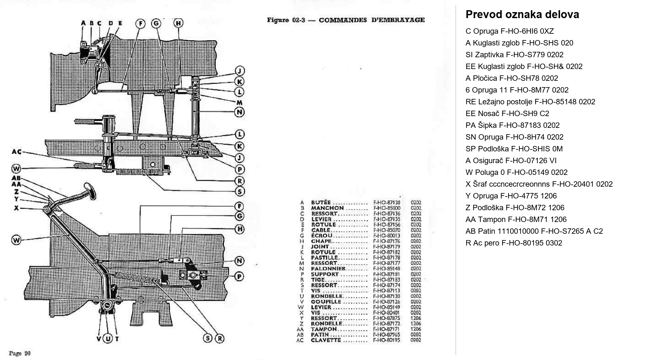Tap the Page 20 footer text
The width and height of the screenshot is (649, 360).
[x=19, y=353]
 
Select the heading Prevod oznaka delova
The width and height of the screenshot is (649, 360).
[x=522, y=15]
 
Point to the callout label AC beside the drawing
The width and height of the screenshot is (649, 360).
[x=17, y=152]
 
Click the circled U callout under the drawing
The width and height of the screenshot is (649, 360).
[x=108, y=339]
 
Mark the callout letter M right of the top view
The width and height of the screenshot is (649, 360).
[x=239, y=102]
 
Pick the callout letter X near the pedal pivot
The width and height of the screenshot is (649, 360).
[x=17, y=208]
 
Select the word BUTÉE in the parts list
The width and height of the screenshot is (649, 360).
[x=321, y=203]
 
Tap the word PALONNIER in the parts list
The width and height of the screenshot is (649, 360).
[x=328, y=269]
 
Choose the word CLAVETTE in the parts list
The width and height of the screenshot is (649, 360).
[x=326, y=340]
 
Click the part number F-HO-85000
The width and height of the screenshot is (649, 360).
[x=386, y=208]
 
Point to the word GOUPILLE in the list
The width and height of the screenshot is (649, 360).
[x=326, y=302]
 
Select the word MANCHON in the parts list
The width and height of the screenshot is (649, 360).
[x=327, y=208]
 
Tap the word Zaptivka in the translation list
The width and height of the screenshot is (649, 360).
[x=489, y=55]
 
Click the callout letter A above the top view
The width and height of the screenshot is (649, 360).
[x=83, y=23]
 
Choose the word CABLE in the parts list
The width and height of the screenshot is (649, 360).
[x=321, y=230]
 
